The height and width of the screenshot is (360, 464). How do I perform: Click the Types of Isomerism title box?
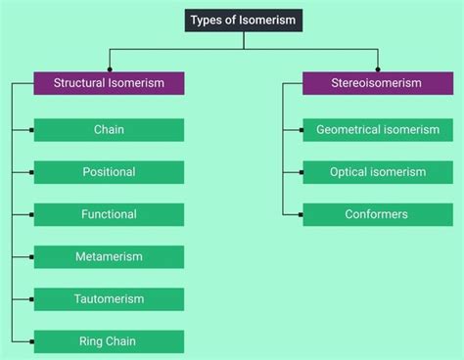[243, 20]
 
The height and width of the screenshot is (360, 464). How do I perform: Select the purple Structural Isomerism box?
[109, 83]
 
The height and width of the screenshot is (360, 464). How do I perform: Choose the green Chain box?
[109, 130]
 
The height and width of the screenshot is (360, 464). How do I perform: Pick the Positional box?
[109, 172]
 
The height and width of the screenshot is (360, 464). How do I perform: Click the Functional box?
[109, 214]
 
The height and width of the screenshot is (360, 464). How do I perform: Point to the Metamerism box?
[109, 257]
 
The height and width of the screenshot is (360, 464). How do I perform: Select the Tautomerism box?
[109, 299]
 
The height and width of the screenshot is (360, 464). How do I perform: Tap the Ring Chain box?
[109, 341]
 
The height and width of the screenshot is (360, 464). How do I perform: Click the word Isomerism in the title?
[264, 20]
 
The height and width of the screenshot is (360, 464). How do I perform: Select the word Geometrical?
[350, 130]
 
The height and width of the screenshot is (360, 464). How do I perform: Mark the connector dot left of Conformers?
[301, 214]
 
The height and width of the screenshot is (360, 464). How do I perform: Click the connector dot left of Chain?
[32, 130]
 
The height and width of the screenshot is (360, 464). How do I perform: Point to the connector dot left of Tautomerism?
[32, 299]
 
